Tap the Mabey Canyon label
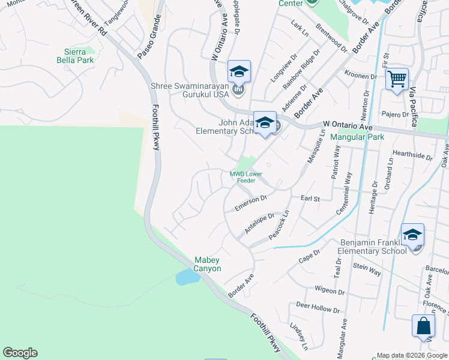point(208,264)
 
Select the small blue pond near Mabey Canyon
point(187,277)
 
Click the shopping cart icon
point(397,78)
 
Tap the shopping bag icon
point(423,326)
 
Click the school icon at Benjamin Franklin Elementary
point(412,235)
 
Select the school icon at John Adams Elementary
point(264,122)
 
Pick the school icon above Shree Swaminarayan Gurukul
point(239,71)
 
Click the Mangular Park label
point(357,137)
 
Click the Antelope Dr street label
point(259,223)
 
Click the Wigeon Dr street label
point(329,290)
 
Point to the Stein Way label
point(367,269)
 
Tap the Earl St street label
point(310,197)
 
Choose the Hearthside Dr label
point(412,155)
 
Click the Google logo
point(20,353)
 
